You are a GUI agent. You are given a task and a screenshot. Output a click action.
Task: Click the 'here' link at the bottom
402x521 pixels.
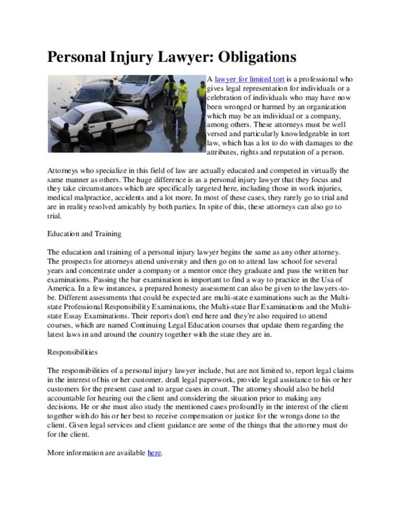point(154,452)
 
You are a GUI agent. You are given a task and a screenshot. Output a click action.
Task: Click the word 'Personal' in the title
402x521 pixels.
point(80,57)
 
